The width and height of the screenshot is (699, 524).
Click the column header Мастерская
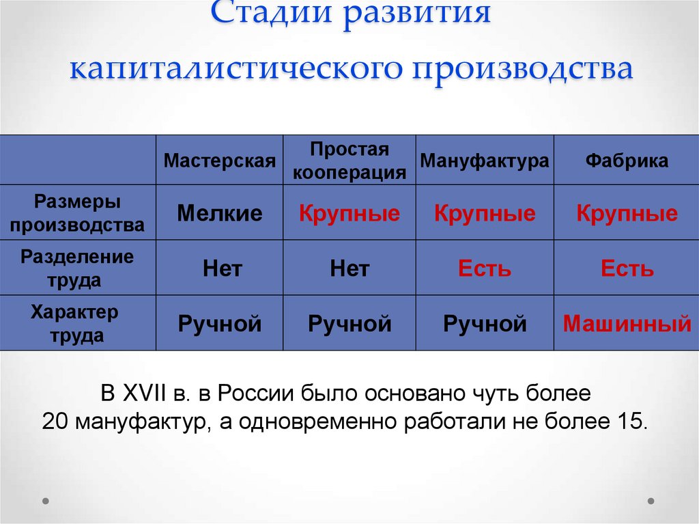click(x=220, y=161)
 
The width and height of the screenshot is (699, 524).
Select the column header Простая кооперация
click(x=349, y=161)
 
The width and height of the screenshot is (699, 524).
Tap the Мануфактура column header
click(x=485, y=161)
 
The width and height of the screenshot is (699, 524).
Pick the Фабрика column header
click(x=627, y=161)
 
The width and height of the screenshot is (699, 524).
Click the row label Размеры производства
click(x=77, y=213)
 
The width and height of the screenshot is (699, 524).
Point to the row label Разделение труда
click(x=77, y=268)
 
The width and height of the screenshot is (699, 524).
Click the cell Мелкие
click(x=220, y=214)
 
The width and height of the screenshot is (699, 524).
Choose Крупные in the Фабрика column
click(x=627, y=214)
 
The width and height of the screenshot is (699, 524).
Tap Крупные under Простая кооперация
click(x=349, y=214)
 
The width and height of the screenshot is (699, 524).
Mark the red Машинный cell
click(x=627, y=323)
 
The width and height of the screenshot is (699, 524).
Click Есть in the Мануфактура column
click(x=485, y=268)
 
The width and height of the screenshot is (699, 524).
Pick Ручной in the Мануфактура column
click(x=485, y=323)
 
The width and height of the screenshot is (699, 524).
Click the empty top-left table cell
click(x=77, y=160)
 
